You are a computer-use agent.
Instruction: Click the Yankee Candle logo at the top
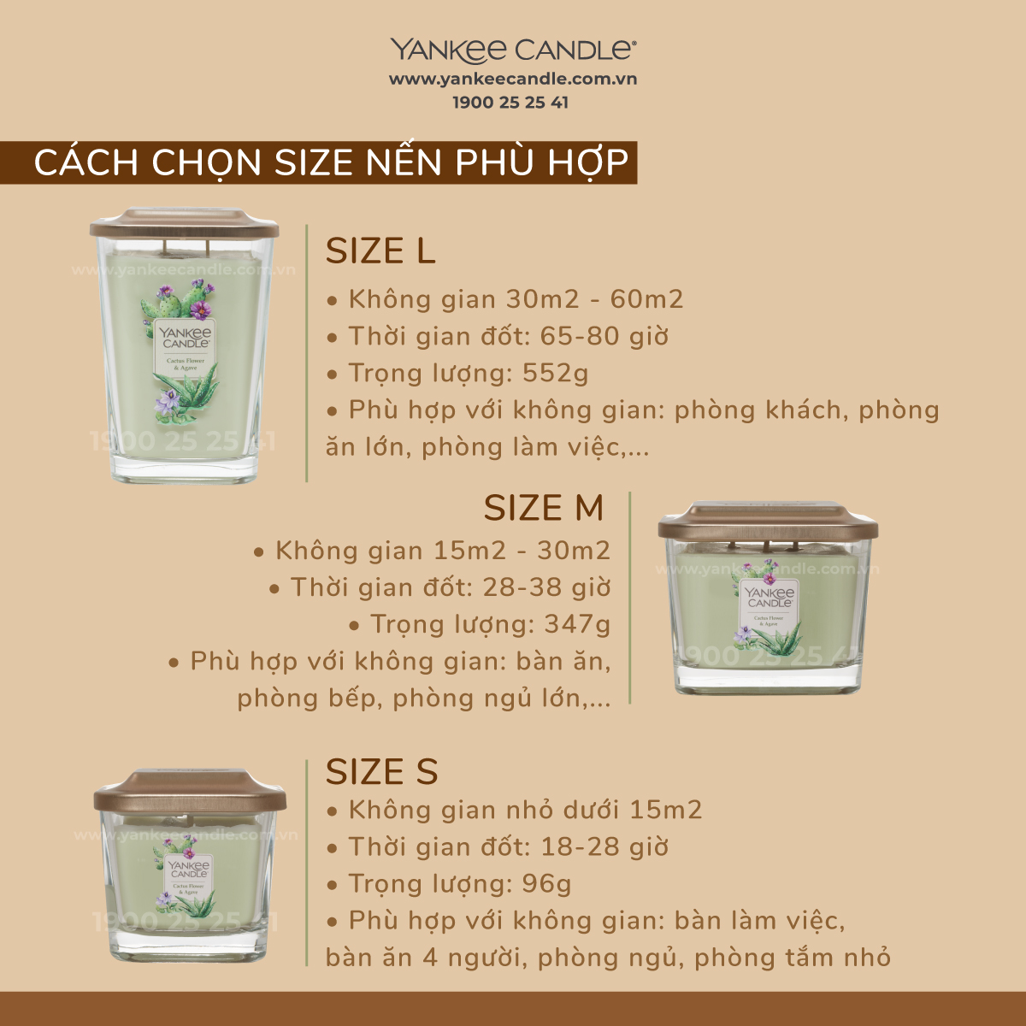(513, 50)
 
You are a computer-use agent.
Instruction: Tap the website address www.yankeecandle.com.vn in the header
(513, 80)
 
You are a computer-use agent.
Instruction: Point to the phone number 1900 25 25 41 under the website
(510, 103)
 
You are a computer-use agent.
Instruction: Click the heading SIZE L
(380, 251)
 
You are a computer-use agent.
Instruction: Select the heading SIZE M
(544, 507)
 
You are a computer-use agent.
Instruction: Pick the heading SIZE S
(381, 771)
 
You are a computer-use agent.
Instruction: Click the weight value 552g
(556, 374)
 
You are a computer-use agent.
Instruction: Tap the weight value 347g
(577, 625)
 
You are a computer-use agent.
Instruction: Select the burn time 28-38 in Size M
(516, 587)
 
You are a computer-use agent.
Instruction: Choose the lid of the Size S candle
(190, 791)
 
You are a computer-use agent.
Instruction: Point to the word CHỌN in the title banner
(206, 162)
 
